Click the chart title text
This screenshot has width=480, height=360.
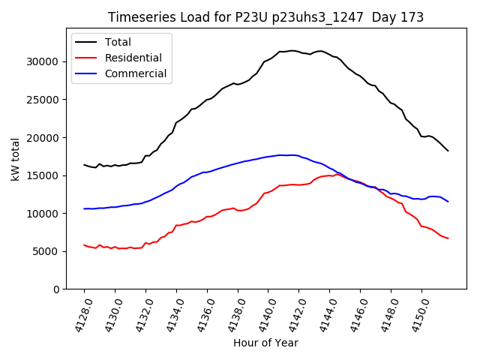coord(265,17)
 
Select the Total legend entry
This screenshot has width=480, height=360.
coord(122,42)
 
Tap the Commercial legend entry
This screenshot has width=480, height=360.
coord(136,73)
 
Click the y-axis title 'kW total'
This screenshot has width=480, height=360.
coord(16,159)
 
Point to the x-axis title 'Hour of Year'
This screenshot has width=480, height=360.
coord(265,343)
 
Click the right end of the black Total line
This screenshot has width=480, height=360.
coord(448,151)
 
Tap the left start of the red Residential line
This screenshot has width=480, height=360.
coord(84,244)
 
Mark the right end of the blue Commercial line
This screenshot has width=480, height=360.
coord(448,201)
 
